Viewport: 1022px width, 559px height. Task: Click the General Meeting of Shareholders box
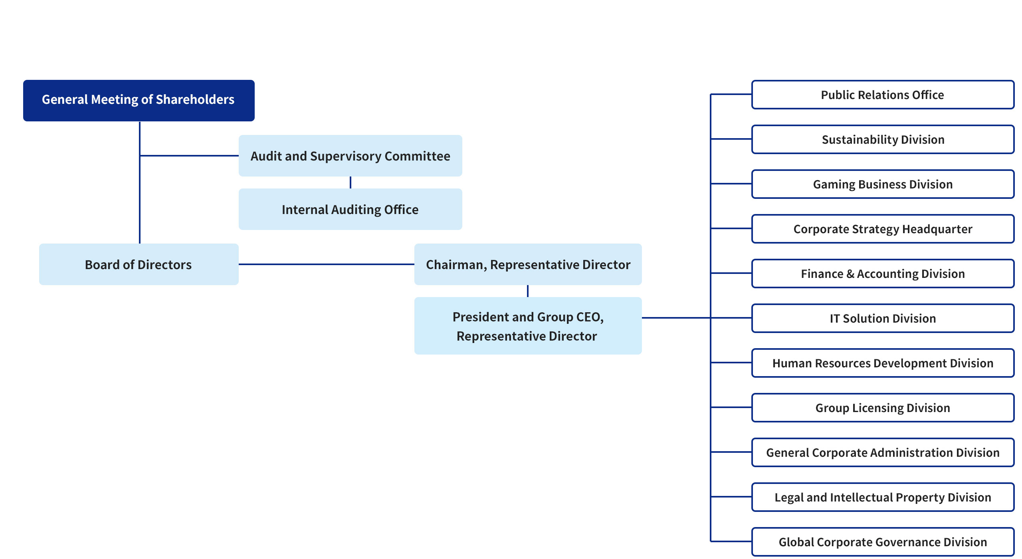point(139,100)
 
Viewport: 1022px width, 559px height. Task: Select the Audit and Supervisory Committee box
point(351,156)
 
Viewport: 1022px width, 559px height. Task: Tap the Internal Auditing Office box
point(351,209)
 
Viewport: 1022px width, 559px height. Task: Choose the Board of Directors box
point(139,264)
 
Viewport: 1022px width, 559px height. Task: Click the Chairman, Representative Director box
point(528,264)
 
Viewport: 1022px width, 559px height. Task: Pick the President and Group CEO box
point(528,326)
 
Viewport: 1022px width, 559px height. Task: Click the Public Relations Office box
point(883,95)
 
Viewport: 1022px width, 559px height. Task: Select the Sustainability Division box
point(883,139)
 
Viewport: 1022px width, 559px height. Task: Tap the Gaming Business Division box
point(883,184)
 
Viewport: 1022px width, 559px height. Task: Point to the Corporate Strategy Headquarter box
point(883,229)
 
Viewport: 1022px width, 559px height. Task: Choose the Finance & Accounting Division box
point(883,274)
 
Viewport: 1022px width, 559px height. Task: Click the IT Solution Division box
point(883,318)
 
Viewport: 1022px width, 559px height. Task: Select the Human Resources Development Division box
point(883,363)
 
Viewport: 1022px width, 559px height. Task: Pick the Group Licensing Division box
point(883,408)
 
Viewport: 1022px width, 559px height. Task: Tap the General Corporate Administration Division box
point(883,452)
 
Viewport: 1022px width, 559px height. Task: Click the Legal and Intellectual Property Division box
point(883,497)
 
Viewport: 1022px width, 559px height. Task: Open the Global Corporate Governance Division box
point(883,542)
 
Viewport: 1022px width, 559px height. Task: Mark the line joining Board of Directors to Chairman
point(327,264)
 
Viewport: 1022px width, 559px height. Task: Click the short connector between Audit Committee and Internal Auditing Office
point(351,182)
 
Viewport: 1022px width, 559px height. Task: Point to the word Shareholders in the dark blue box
point(195,99)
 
